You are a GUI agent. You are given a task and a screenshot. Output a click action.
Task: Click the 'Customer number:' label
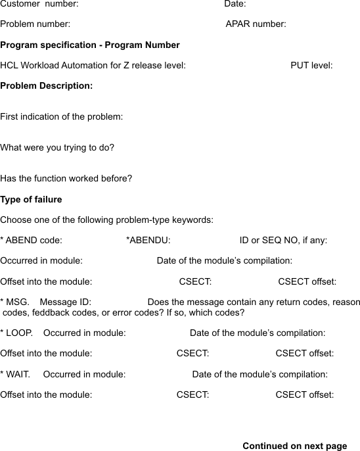point(39,4)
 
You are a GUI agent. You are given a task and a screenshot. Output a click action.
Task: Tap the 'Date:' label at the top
point(235,4)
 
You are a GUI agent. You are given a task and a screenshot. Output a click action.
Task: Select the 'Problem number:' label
point(35,24)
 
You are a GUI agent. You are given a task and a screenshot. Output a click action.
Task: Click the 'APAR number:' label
point(256,24)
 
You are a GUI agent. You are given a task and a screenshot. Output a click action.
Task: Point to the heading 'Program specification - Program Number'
point(90,45)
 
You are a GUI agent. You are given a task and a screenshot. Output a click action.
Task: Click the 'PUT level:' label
point(311,66)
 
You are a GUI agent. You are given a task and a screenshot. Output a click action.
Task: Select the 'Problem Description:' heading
point(47,86)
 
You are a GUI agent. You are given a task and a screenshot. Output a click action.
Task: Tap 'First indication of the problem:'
point(62,117)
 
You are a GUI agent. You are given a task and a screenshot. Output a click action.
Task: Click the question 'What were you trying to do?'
point(57,148)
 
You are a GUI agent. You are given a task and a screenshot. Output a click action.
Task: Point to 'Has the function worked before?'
point(66,179)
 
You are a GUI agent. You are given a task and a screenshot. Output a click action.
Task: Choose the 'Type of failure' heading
point(32,199)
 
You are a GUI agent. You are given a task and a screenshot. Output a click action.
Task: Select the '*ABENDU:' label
point(148,241)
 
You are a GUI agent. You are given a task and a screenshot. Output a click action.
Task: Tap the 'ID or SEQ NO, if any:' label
point(283,241)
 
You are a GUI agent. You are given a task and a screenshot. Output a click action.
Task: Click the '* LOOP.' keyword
point(17,333)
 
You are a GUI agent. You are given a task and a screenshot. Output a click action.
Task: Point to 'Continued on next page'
point(294,446)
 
